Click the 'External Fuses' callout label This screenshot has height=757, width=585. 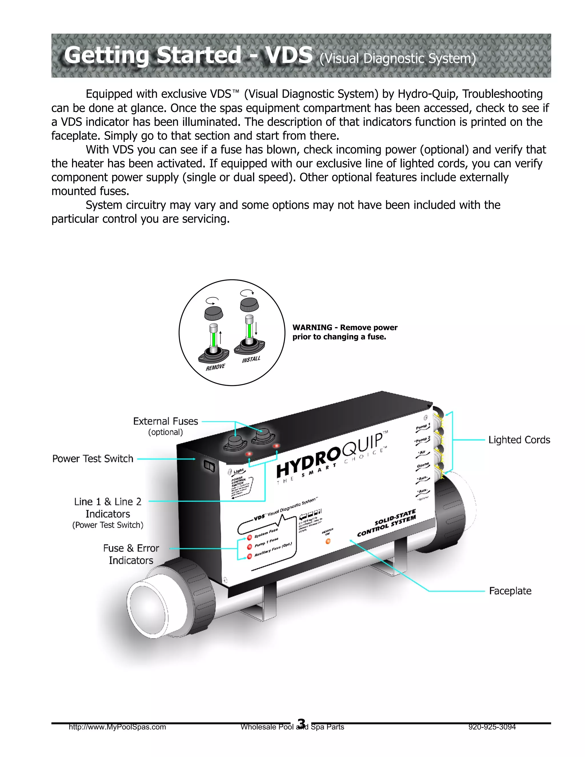click(165, 421)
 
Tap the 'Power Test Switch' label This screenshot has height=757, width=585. click(93, 458)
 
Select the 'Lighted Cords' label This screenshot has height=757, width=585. click(519, 440)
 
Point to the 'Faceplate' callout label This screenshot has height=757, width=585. click(510, 591)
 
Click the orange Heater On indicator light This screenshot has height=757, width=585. click(328, 541)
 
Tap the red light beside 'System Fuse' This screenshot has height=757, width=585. click(249, 538)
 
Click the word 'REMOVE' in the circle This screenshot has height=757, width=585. click(215, 367)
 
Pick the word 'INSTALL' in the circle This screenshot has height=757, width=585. click(251, 359)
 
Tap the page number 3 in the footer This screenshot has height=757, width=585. click(302, 723)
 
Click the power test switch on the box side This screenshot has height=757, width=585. click(209, 466)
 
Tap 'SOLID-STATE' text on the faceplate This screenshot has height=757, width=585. click(395, 518)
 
